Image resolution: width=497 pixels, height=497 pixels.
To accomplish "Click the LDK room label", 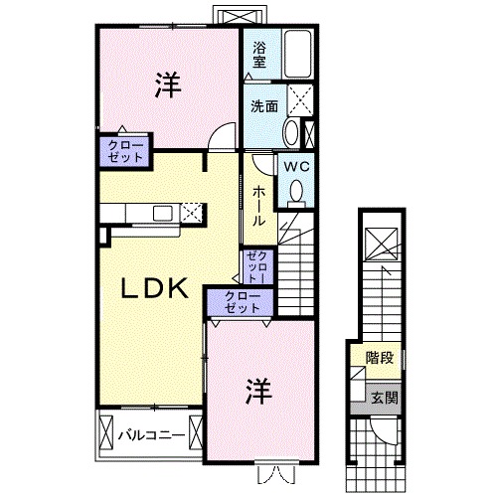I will point(154,288).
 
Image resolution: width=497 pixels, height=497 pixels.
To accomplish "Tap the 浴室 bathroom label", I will point(258,54).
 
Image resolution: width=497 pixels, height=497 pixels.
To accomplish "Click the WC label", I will point(297,168).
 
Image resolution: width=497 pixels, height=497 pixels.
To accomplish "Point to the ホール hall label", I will point(257,205).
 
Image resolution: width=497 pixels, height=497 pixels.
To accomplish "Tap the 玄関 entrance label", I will point(384,397).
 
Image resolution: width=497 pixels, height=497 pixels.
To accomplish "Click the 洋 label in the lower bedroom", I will point(255,391).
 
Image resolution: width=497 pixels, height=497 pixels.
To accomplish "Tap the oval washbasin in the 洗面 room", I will point(290,134).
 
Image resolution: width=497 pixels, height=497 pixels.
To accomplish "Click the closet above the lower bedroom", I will point(237,302).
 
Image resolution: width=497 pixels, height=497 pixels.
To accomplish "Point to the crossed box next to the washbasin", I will point(299,100).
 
